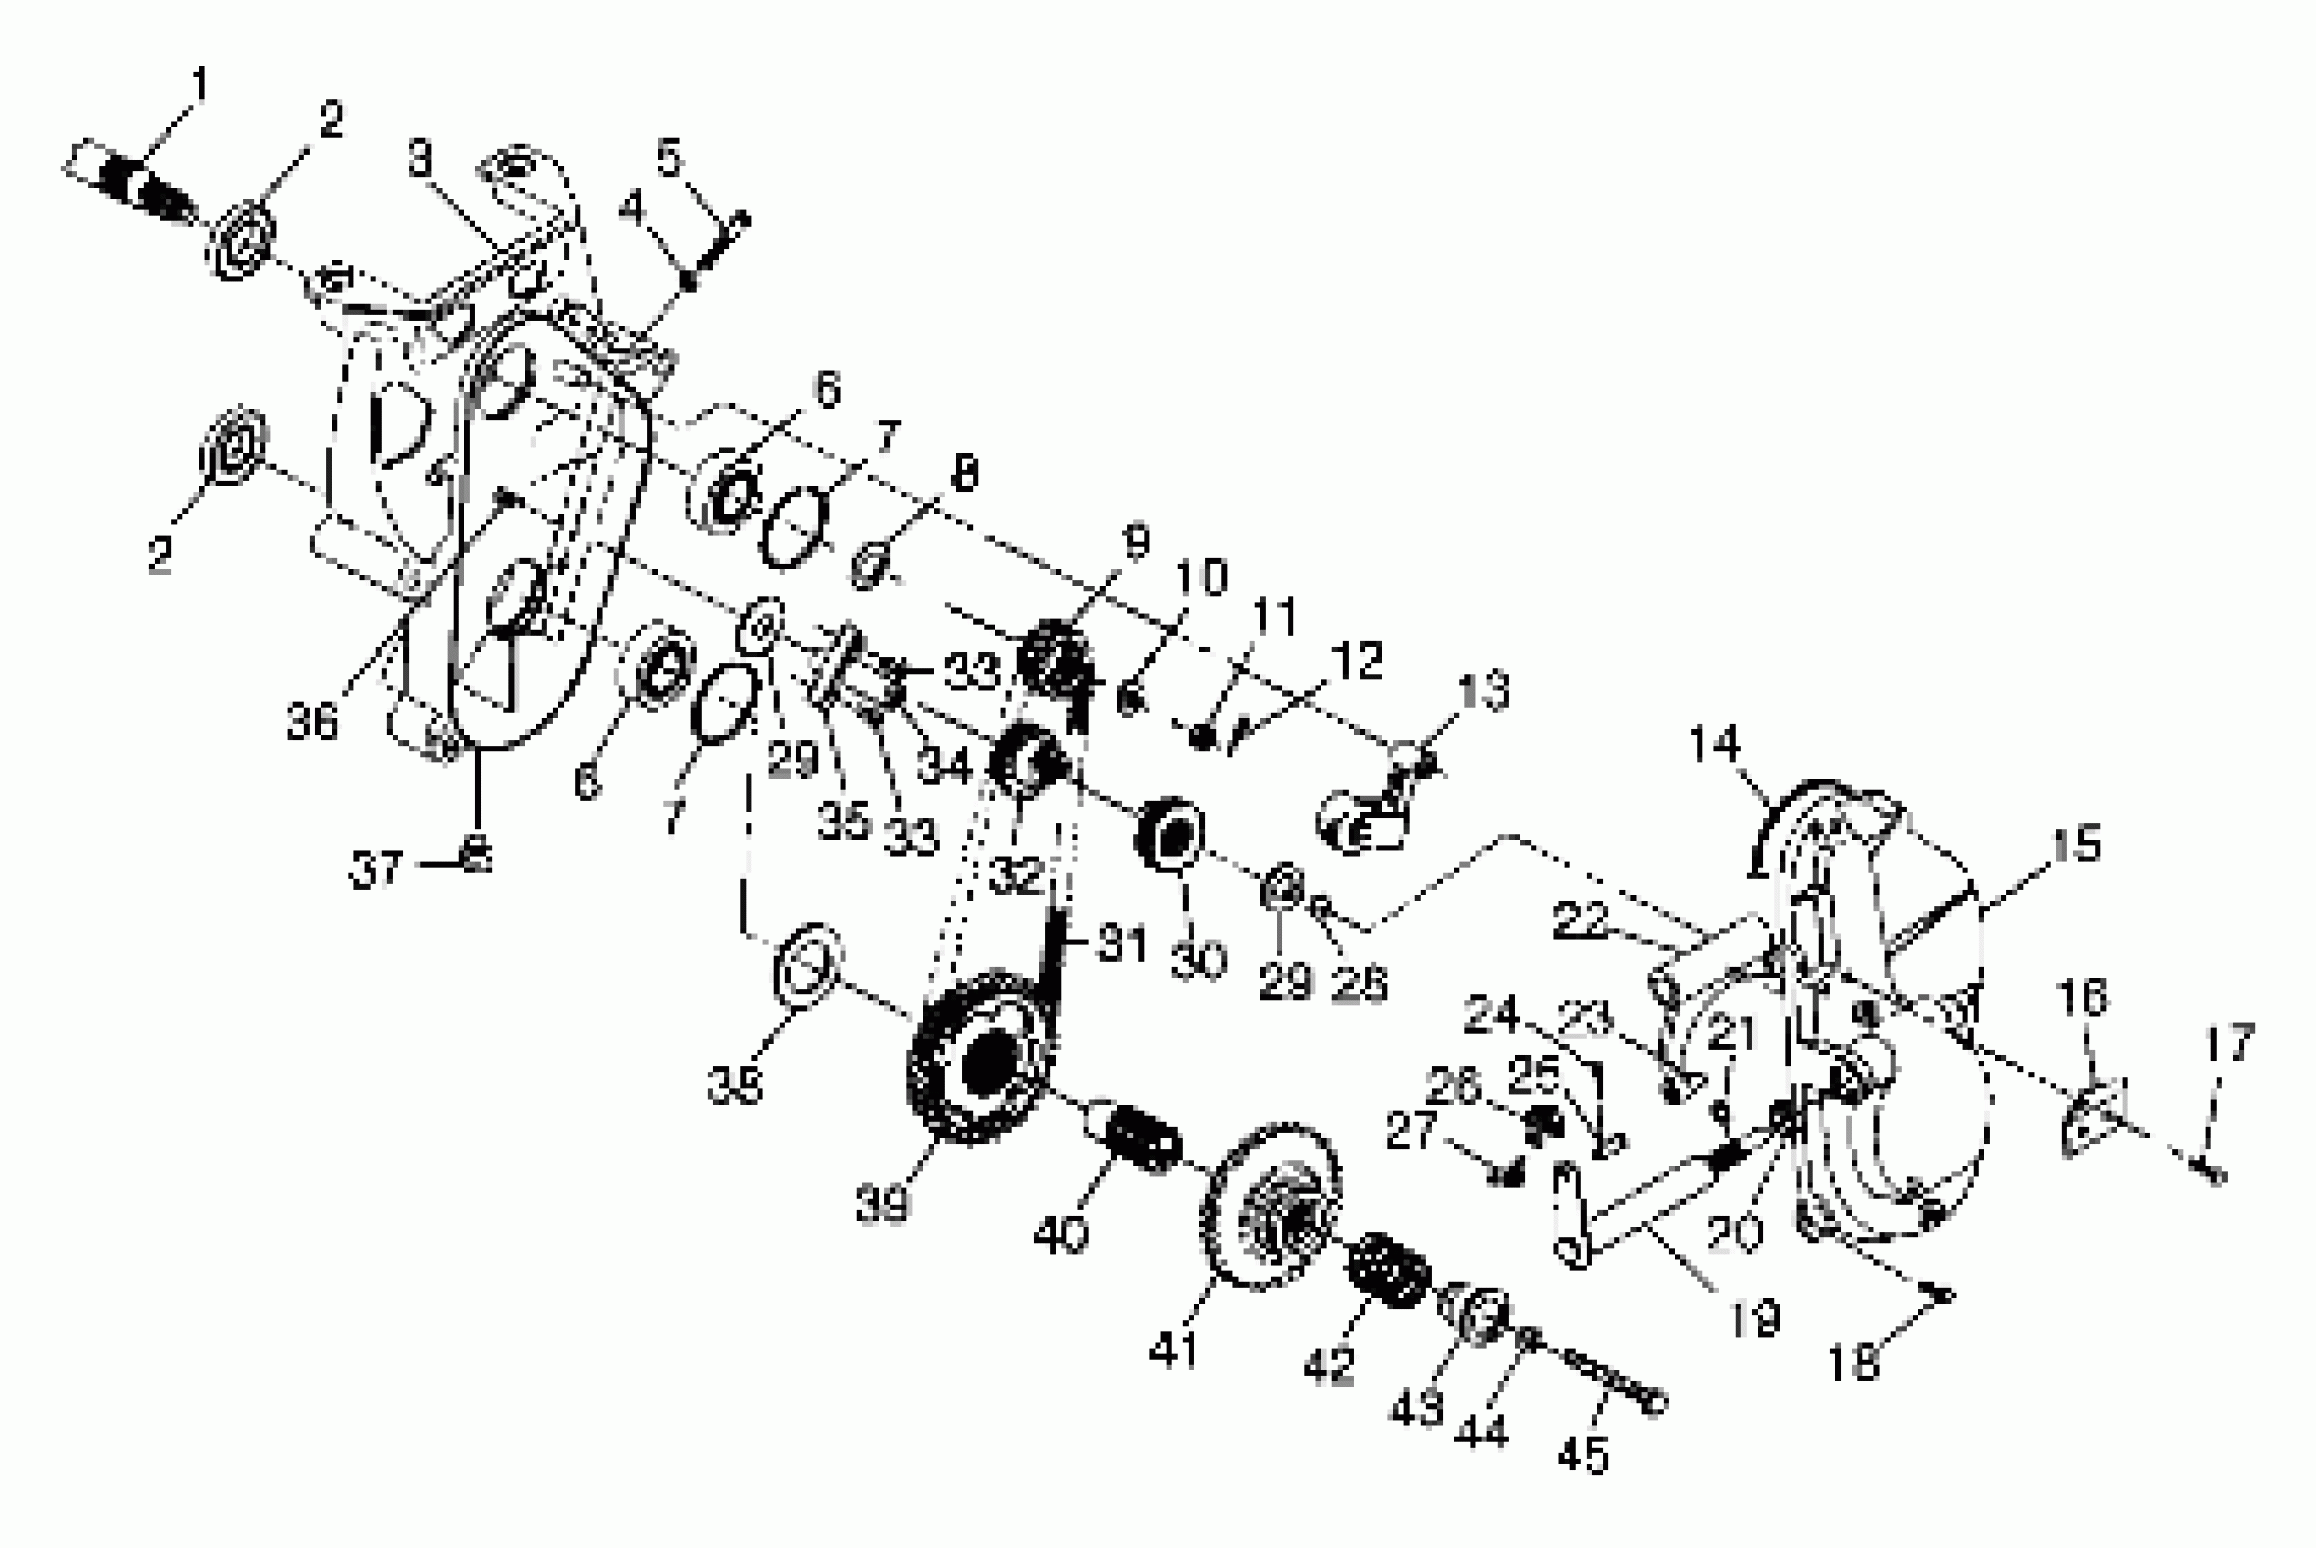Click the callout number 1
[199, 86]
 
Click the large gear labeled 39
[977, 1056]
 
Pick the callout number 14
[1714, 744]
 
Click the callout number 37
[376, 870]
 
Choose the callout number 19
[1753, 1318]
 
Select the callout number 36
[312, 723]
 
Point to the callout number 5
[668, 158]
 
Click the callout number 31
[1121, 943]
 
